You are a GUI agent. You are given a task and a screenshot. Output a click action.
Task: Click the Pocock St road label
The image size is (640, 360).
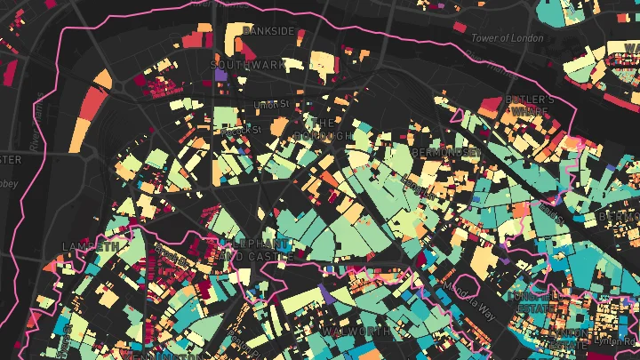click(x=240, y=130)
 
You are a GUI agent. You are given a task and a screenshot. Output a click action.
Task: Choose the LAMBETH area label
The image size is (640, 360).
click(x=91, y=246)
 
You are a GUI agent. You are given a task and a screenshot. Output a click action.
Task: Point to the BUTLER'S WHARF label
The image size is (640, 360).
click(x=531, y=106)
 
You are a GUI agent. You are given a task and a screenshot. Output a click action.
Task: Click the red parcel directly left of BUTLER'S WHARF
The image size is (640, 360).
click(x=488, y=107)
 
